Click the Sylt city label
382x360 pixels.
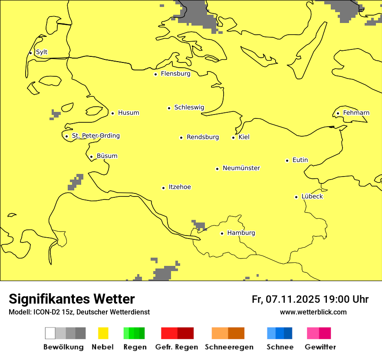pos(42,52)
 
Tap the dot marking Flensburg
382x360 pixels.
pos(155,74)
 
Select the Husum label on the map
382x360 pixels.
pos(128,113)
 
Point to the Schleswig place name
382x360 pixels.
pos(189,108)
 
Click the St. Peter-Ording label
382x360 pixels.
pos(95,136)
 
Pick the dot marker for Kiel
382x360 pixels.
pos(233,137)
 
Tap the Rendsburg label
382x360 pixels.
pos(203,137)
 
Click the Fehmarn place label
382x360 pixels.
pos(356,113)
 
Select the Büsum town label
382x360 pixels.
pos(107,156)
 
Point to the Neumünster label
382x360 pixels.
pos(241,168)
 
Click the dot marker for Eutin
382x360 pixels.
pos(287,160)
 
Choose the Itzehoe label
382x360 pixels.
pos(180,187)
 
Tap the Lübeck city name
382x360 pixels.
pos(312,196)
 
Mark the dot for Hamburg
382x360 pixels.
pos(222,233)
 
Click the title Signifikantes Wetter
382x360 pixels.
pos(72,299)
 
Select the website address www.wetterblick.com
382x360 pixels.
pos(313,312)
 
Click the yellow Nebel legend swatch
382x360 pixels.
pos(103,333)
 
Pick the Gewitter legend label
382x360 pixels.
pos(320,347)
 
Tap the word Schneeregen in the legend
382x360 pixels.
pos(229,347)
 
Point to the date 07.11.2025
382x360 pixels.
pos(293,299)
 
